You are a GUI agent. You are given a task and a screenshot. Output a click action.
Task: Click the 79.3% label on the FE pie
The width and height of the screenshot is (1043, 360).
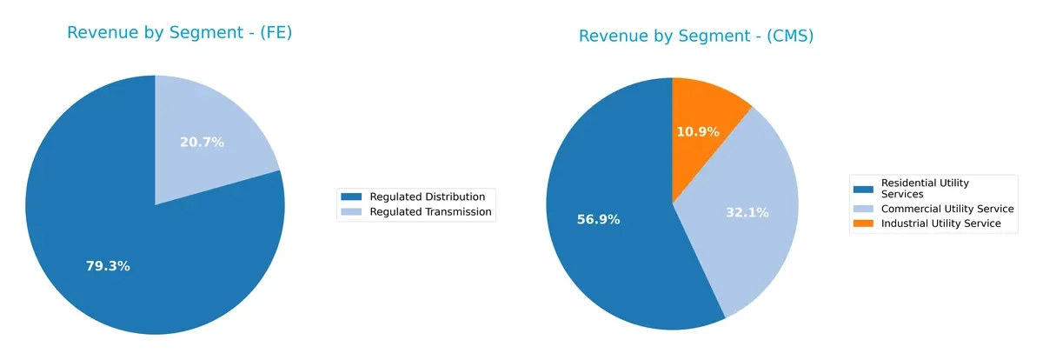pyautogui.click(x=108, y=266)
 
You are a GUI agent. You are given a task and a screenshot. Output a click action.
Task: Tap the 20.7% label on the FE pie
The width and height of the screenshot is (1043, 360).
pyautogui.click(x=202, y=143)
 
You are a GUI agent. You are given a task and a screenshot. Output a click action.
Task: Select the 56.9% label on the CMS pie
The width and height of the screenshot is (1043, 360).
pyautogui.click(x=598, y=220)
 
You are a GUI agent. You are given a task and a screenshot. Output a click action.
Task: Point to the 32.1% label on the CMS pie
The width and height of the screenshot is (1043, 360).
pyautogui.click(x=747, y=211)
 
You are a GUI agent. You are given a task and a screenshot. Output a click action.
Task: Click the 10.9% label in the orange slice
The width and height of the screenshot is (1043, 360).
pyautogui.click(x=698, y=131)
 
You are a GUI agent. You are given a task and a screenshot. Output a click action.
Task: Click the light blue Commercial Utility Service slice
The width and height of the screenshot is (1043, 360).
pyautogui.click(x=756, y=235)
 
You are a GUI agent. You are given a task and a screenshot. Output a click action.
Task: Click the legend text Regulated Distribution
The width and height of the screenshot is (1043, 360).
pyautogui.click(x=421, y=197)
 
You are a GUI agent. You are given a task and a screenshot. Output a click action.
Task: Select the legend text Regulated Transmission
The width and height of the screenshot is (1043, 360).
pyautogui.click(x=430, y=211)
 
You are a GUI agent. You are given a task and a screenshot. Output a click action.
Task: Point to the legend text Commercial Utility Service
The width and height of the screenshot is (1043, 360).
pyautogui.click(x=947, y=209)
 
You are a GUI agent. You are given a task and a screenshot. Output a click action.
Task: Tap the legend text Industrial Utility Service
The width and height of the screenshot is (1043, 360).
pyautogui.click(x=941, y=223)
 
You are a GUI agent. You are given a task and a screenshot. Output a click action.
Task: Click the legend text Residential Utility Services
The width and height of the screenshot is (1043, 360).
pyautogui.click(x=925, y=189)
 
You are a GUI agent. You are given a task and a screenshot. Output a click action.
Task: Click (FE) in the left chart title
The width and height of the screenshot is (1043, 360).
pyautogui.click(x=276, y=33)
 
